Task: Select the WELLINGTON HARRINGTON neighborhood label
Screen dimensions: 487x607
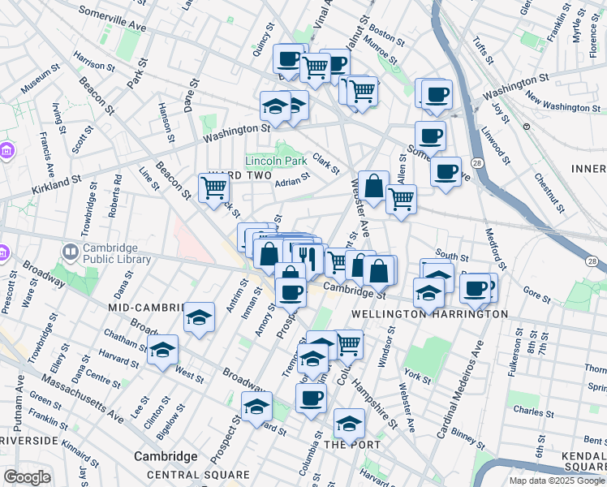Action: coord(429,313)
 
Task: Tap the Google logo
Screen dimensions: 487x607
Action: coord(26,477)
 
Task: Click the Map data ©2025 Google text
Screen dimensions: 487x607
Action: coord(556,481)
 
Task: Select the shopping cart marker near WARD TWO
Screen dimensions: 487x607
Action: coord(213,188)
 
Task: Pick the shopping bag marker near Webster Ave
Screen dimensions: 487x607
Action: coord(373,187)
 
